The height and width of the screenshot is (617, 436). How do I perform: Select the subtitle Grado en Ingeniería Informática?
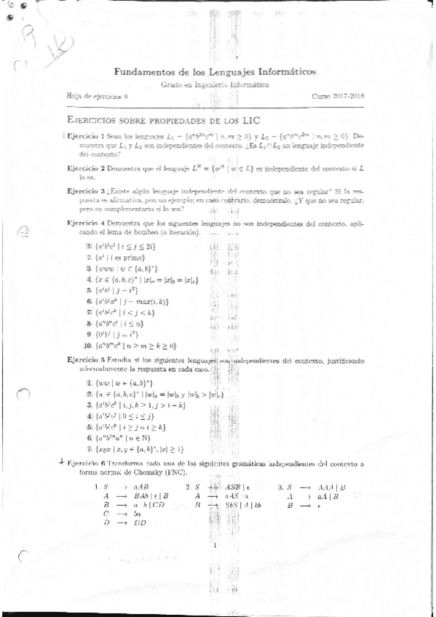[x=214, y=85]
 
